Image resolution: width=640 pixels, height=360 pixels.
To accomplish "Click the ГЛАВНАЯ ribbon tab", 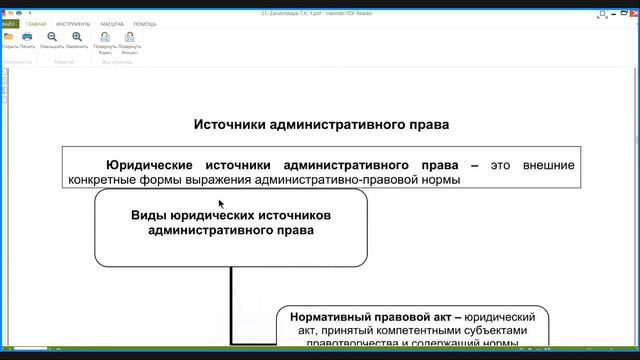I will [x=37, y=22].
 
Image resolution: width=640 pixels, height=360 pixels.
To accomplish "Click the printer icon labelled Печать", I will [x=27, y=39].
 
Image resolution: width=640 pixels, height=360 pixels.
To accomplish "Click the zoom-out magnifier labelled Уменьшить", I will [x=52, y=39].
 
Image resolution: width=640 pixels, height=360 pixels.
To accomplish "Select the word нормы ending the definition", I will [x=443, y=180].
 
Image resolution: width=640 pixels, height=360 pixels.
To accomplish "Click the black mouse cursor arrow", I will [x=222, y=203].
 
